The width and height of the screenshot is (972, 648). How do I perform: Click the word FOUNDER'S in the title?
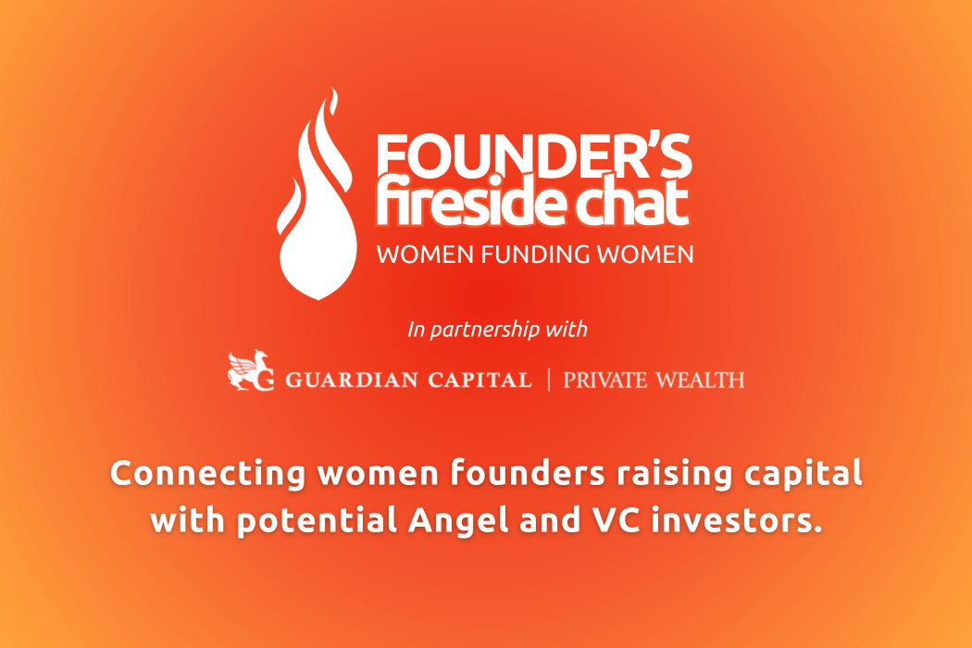[x=534, y=156]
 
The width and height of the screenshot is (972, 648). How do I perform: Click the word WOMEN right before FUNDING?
[x=425, y=255]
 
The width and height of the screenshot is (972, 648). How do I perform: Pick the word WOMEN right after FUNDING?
[x=645, y=255]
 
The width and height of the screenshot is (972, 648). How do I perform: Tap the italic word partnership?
[x=485, y=330]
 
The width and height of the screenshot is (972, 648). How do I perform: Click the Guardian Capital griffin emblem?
[x=251, y=371]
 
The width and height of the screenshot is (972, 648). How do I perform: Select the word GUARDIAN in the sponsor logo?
[x=352, y=380]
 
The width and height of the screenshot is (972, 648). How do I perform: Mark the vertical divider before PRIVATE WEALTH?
[x=549, y=380]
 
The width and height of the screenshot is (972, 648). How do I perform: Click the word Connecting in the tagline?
[x=207, y=474]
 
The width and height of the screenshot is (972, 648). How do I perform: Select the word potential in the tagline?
[x=317, y=521]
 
